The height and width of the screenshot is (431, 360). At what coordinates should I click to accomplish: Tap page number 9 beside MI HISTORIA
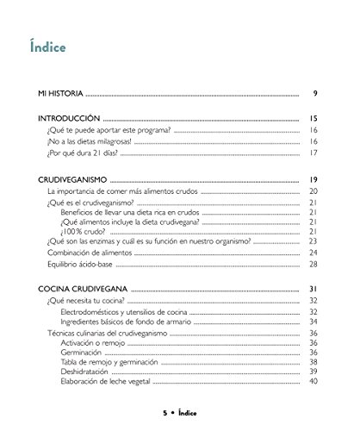(x=316, y=92)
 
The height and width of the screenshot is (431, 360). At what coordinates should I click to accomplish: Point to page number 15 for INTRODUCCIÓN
(x=314, y=117)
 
